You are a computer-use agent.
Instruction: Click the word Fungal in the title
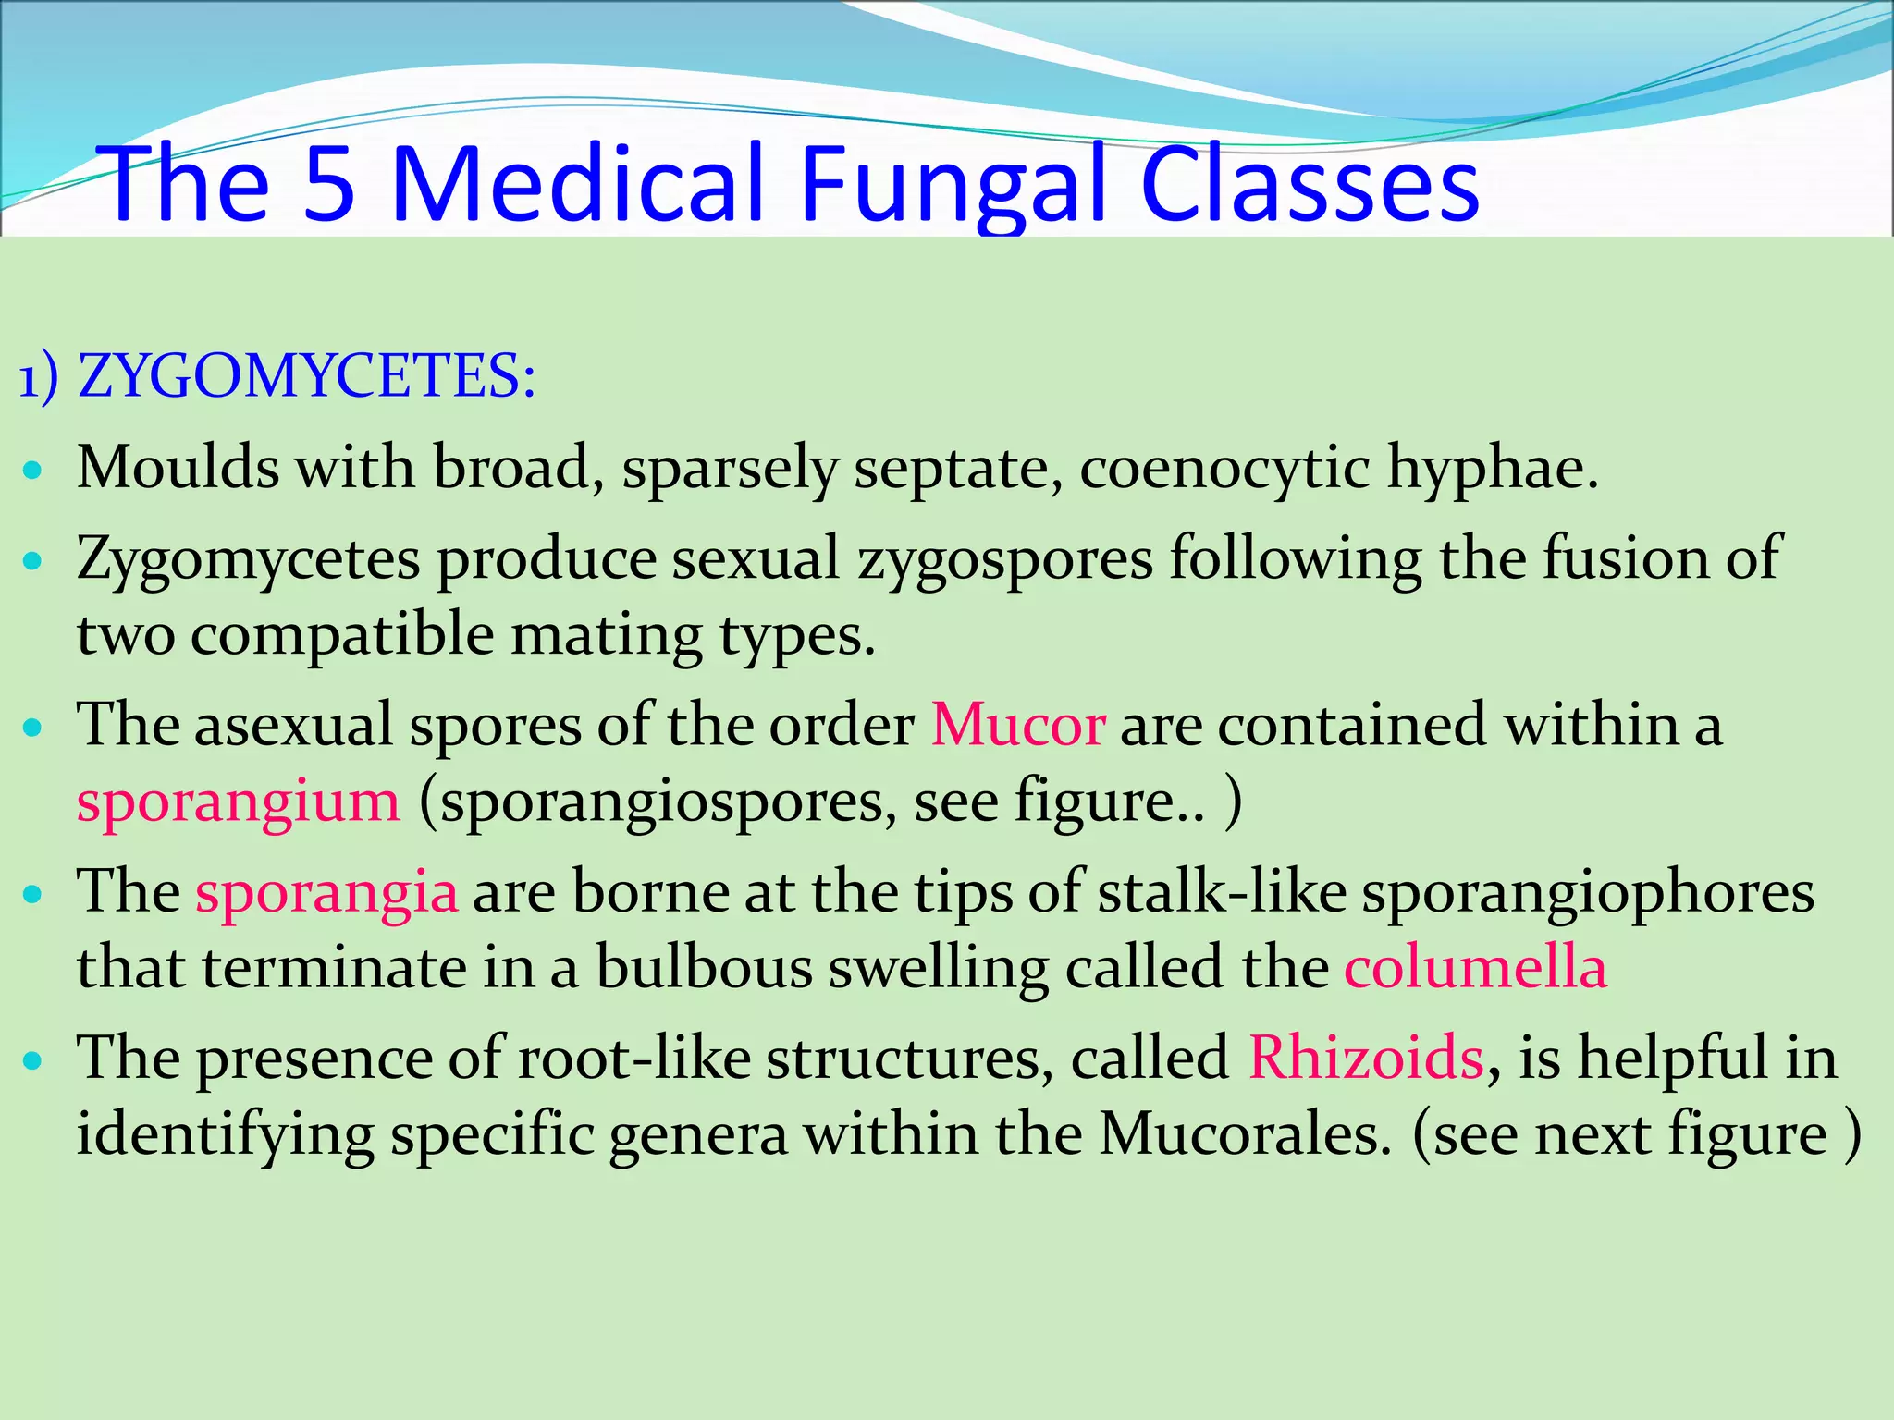[x=953, y=185]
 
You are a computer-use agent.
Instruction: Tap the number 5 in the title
[x=329, y=185]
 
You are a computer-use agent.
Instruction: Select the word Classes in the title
[x=1310, y=185]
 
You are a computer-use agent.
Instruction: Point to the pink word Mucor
[x=1017, y=725]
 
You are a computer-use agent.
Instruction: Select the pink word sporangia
[x=326, y=893]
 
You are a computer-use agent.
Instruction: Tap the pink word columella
[x=1475, y=969]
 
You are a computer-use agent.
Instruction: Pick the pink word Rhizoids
[x=1366, y=1058]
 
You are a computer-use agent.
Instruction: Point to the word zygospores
[x=1005, y=560]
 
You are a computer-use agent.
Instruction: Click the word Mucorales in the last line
[x=1245, y=1135]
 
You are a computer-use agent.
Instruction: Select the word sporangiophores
[x=1587, y=893]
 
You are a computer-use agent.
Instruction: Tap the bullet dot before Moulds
[x=33, y=471]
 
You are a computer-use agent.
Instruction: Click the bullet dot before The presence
[x=33, y=1060]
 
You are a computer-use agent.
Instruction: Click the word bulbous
[x=703, y=969]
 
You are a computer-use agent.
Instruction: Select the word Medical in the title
[x=577, y=185]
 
